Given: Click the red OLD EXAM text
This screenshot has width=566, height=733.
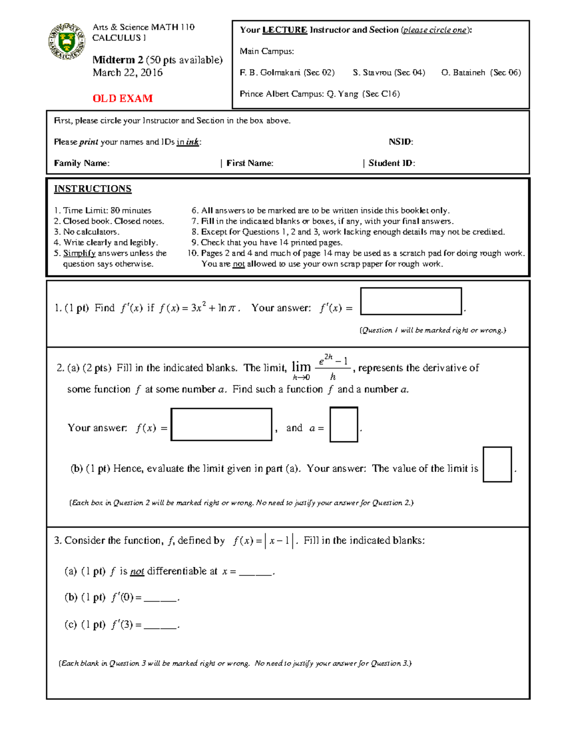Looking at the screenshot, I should [123, 99].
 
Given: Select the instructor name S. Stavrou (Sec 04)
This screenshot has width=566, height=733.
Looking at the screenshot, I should [389, 73].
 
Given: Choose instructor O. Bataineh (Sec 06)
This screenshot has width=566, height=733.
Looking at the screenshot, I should [481, 73].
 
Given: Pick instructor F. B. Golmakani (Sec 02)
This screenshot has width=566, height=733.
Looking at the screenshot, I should [287, 73].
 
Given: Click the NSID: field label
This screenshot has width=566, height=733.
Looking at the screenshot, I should [400, 142].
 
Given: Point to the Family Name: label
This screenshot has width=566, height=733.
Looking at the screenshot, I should [82, 163].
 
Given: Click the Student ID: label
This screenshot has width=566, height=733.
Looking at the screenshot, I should [391, 163].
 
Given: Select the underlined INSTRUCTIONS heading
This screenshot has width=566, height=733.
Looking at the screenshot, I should [92, 189].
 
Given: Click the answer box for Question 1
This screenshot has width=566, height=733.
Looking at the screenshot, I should [410, 301].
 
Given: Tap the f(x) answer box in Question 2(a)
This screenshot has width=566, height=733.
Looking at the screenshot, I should [221, 424].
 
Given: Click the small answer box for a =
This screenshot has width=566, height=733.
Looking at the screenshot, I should [343, 424].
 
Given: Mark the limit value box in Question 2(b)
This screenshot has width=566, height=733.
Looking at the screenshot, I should [497, 464].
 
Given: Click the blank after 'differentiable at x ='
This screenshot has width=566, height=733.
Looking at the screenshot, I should [256, 572].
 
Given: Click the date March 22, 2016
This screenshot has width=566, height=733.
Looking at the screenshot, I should [127, 73].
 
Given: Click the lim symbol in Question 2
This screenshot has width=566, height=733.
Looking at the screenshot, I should [301, 367].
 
